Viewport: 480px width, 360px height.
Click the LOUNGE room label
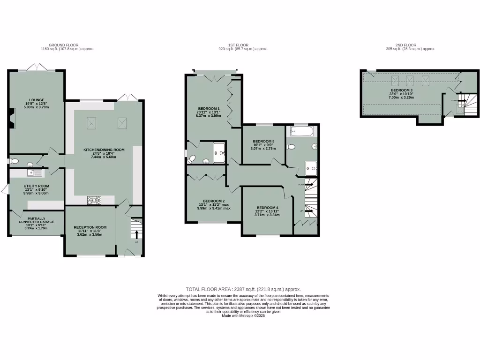coord(36,99)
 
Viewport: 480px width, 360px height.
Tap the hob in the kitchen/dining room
coord(94,200)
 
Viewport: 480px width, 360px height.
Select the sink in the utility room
coord(34,173)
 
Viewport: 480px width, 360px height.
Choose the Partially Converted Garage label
coord(36,220)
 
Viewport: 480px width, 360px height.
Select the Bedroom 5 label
coord(263,141)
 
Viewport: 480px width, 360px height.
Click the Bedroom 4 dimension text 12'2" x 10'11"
coord(267,211)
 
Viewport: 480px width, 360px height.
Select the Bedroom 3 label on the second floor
coord(402,90)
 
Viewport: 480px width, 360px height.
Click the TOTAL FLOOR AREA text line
coord(243,289)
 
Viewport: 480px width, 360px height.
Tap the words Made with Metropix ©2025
coord(243,316)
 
